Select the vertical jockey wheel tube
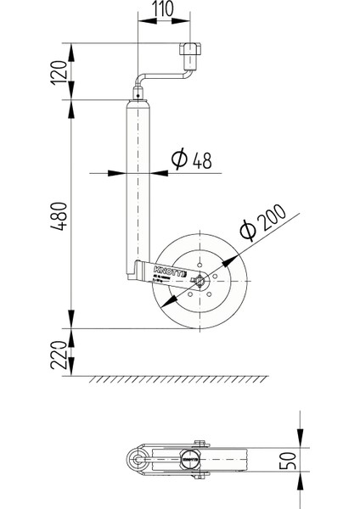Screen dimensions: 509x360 136,178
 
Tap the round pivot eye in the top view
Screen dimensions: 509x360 134,460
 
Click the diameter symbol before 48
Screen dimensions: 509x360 178,160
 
